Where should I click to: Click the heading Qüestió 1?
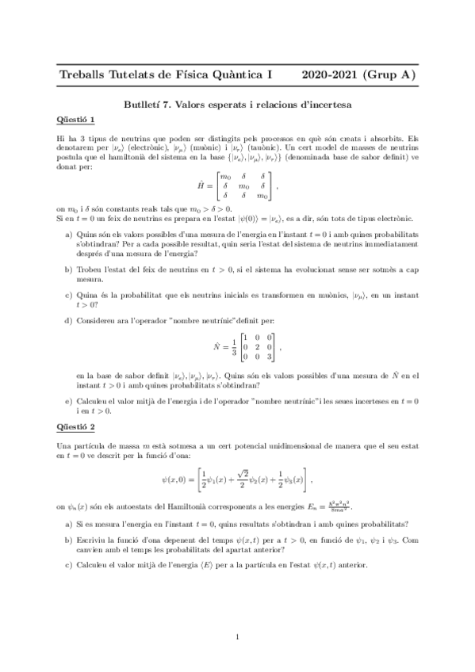[x=76, y=120]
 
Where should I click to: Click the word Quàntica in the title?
[x=237, y=75]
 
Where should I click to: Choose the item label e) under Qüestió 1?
[x=69, y=402]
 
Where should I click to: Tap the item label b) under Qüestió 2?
[x=69, y=539]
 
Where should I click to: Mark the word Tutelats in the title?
[x=140, y=75]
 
